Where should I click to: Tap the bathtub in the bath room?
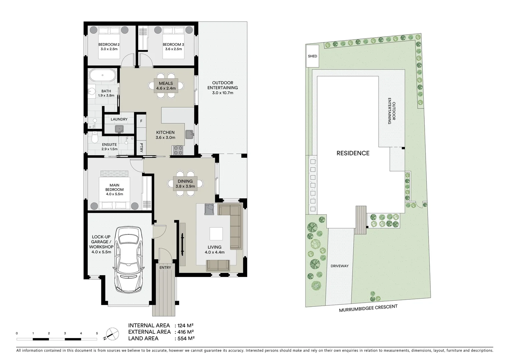tap(103, 75)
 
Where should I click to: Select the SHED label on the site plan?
tap(313, 56)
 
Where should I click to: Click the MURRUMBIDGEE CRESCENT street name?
tap(368, 308)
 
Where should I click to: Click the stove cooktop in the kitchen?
tap(178, 150)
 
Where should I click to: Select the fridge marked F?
tap(141, 121)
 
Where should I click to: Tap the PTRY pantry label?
tap(141, 148)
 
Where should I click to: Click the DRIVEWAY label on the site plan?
tap(340, 266)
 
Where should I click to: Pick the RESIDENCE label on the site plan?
tap(353, 153)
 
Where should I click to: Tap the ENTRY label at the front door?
tap(165, 267)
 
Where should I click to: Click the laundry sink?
tap(119, 128)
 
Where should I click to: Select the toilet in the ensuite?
tap(95, 137)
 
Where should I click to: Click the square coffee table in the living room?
tap(216, 234)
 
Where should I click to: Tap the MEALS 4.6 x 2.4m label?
tap(166, 86)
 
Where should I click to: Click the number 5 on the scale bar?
tap(97, 333)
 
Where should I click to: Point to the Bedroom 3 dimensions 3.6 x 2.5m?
tap(173, 49)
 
